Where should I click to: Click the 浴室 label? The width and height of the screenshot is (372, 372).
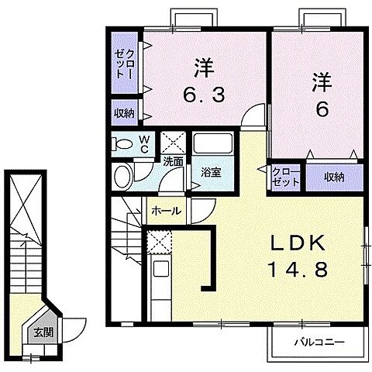[211, 172]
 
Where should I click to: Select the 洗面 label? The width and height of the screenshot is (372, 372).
[173, 162]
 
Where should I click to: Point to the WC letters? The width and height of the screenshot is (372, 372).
[144, 144]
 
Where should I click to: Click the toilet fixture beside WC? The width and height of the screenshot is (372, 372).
[122, 144]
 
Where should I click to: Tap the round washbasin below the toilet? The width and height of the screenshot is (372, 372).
[123, 176]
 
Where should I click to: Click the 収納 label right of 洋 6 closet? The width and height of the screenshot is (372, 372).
[335, 177]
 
